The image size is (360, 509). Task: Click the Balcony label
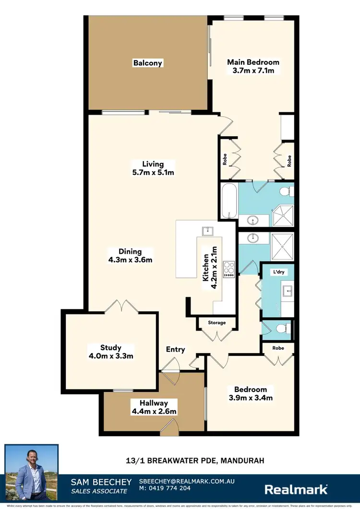click(x=148, y=63)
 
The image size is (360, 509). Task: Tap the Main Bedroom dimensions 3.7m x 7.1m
click(x=253, y=71)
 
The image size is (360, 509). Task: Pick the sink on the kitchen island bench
click(x=207, y=230)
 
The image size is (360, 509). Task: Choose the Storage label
click(x=216, y=323)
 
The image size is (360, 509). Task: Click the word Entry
click(x=175, y=349)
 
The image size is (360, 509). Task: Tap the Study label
click(x=111, y=347)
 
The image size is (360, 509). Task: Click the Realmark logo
click(x=297, y=489)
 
